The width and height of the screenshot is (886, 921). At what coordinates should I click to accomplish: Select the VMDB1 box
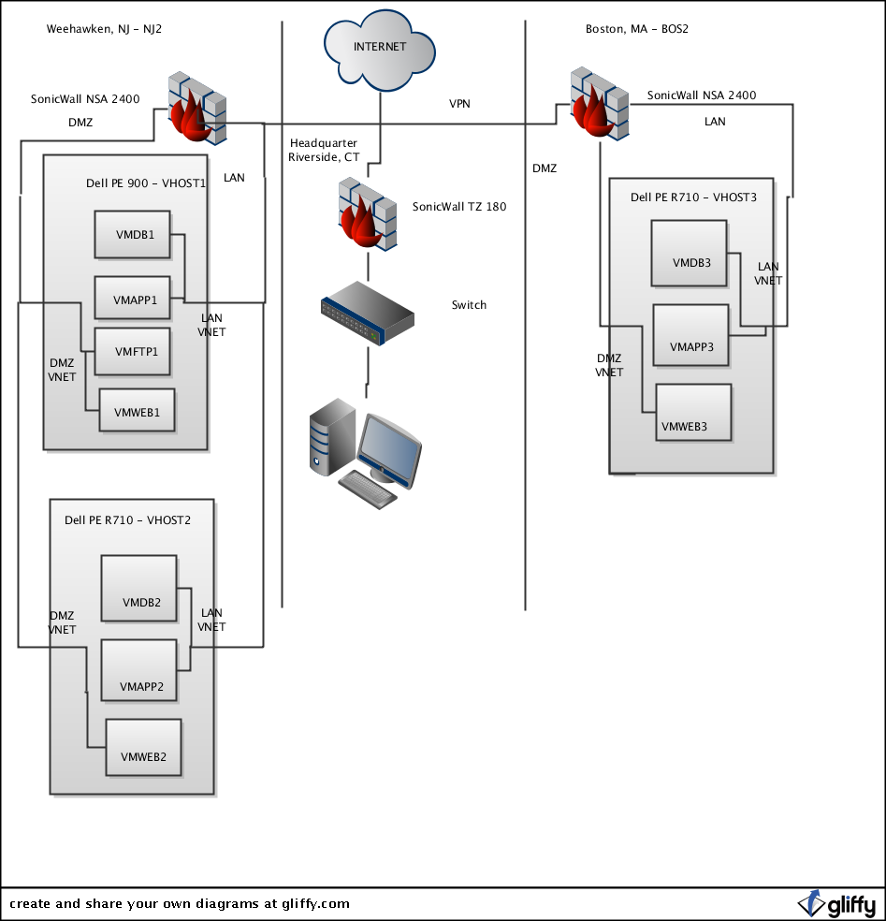pos(131,234)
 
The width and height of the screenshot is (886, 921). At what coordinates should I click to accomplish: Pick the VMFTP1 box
pos(132,351)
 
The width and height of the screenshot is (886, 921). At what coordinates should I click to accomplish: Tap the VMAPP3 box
pos(690,337)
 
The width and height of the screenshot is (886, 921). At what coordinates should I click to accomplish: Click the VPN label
pos(459,104)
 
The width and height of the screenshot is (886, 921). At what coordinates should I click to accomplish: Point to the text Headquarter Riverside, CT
pos(324,150)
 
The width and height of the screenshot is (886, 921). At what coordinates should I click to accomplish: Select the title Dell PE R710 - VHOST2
pos(127,520)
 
